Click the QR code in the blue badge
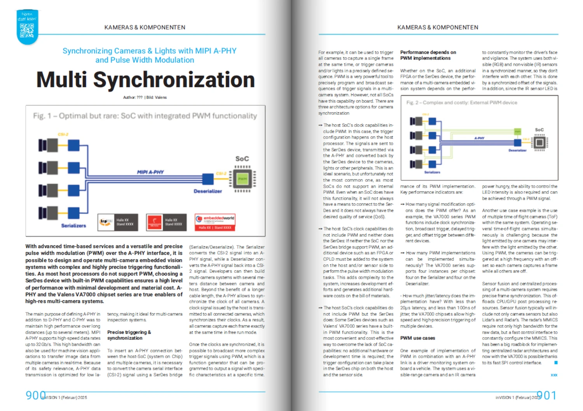click(x=27, y=30)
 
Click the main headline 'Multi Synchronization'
click(x=146, y=80)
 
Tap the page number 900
click(x=35, y=395)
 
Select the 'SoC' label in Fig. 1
click(x=242, y=158)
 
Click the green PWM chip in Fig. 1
click(x=242, y=179)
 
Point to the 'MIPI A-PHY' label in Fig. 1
click(x=150, y=172)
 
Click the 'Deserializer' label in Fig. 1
click(x=208, y=191)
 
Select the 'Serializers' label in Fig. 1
click(x=73, y=225)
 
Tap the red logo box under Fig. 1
click(x=154, y=222)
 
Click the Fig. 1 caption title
click(x=145, y=116)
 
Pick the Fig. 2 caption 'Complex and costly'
click(x=462, y=103)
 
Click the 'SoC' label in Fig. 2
click(x=539, y=130)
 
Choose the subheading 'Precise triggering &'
click(x=129, y=332)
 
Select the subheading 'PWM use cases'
click(x=417, y=338)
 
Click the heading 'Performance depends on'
click(x=428, y=52)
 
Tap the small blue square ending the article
click(x=556, y=362)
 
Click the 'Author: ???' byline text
click(x=133, y=98)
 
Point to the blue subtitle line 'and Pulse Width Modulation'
click(x=145, y=60)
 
